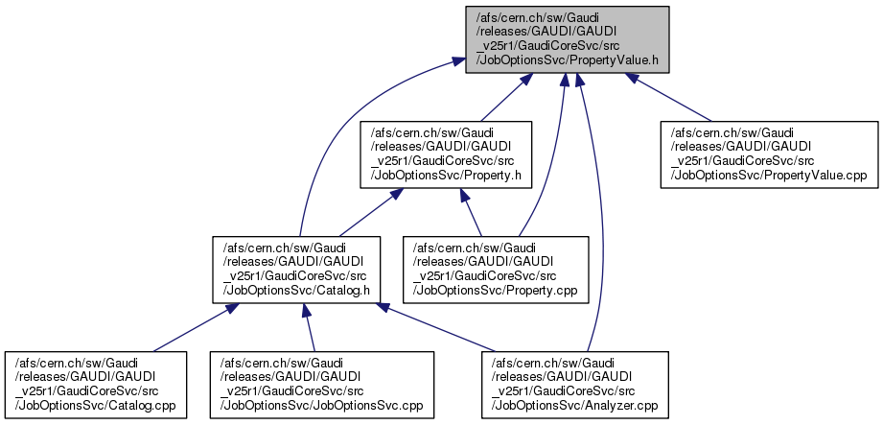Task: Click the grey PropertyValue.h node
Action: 566,38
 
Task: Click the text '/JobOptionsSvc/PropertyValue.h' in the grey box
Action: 566,60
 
